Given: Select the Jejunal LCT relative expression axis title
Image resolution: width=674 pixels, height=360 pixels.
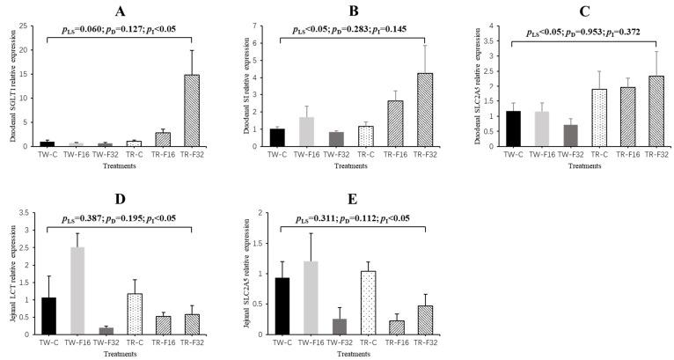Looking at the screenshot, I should click(13, 275).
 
